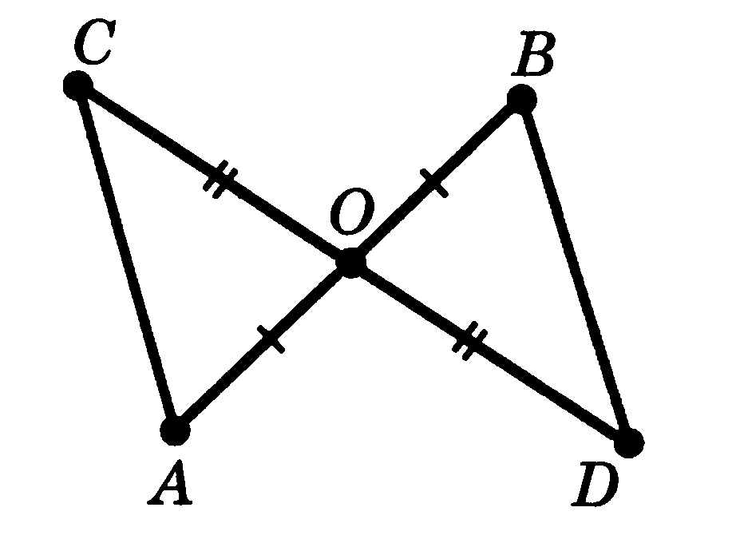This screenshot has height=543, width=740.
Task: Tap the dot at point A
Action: [x=174, y=430]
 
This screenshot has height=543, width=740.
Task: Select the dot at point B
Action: [x=520, y=99]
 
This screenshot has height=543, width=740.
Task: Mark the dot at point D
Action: [x=629, y=442]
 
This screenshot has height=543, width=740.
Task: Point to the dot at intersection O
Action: [x=350, y=262]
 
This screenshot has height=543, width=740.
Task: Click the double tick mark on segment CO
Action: [x=219, y=180]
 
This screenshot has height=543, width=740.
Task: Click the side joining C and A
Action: [x=125, y=256]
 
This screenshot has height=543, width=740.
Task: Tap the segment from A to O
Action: [x=231, y=375]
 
